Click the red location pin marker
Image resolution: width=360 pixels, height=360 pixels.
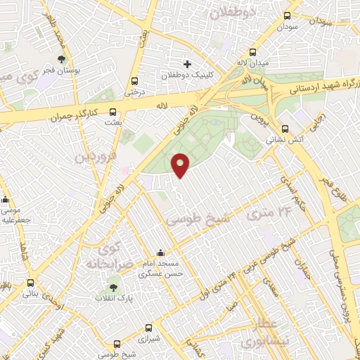(x=181, y=165)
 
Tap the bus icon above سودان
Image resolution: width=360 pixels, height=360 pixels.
(x=287, y=16)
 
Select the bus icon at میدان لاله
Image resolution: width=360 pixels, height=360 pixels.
(x=253, y=53)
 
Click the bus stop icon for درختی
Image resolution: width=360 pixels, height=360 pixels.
(x=134, y=80)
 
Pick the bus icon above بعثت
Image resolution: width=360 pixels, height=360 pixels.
(x=113, y=111)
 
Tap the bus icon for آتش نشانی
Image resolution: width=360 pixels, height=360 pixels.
(x=285, y=129)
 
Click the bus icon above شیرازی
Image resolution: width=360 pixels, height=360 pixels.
(x=148, y=327)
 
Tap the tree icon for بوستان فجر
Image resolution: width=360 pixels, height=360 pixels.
(x=62, y=60)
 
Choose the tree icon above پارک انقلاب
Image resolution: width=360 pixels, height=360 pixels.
(x=113, y=287)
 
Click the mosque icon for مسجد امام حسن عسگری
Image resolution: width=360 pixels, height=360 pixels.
(x=162, y=253)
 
